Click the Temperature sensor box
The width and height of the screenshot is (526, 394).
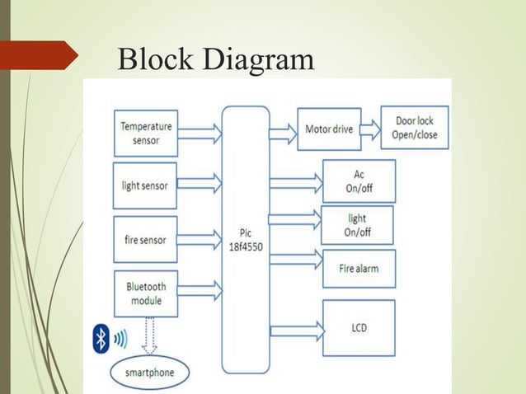coord(146,133)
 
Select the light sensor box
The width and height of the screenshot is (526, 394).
coord(144,185)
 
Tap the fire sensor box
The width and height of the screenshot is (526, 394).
coord(145,240)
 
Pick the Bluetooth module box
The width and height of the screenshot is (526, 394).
coord(145,293)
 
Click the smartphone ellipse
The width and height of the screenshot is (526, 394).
coord(149,373)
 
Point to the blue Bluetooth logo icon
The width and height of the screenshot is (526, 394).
coord(101,338)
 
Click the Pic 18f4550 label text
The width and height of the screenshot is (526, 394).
coord(246,240)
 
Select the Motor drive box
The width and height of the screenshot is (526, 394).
coord(328,129)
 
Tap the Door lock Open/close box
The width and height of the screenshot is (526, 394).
coord(415,128)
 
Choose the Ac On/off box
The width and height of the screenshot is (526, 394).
coord(358,181)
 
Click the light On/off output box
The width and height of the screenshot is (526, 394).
coord(357,225)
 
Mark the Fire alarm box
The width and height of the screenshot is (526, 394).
coord(358,269)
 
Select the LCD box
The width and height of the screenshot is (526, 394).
coord(358,328)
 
